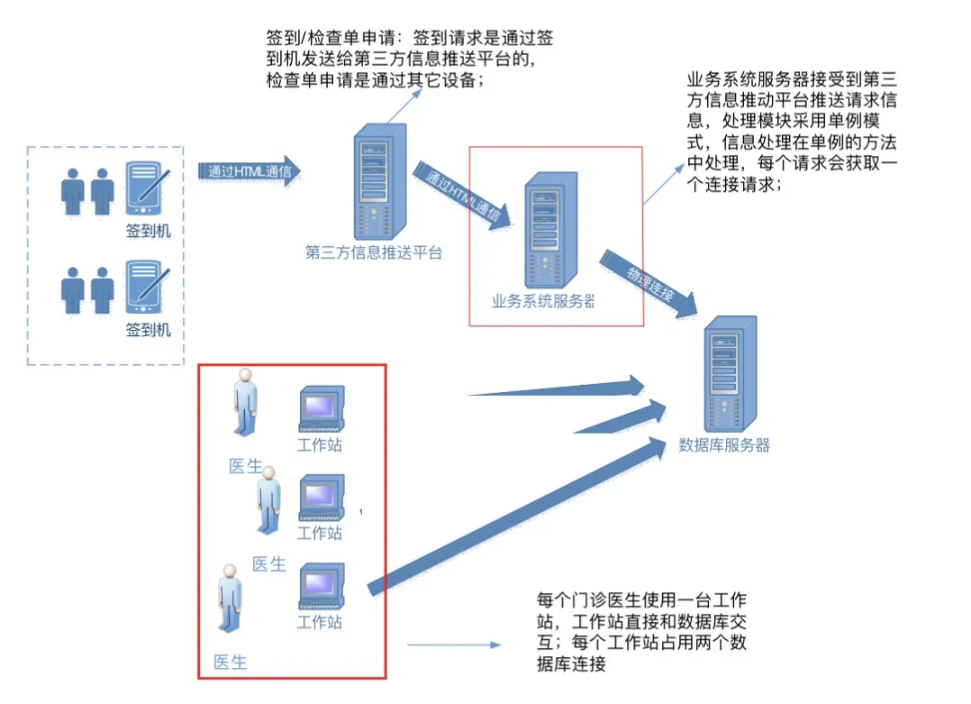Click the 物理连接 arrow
pos(650,287)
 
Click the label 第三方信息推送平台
pos(374,252)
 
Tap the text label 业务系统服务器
pos(543,301)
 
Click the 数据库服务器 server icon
pos(730,374)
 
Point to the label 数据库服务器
pos(724,444)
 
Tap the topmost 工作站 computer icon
pos(321,409)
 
